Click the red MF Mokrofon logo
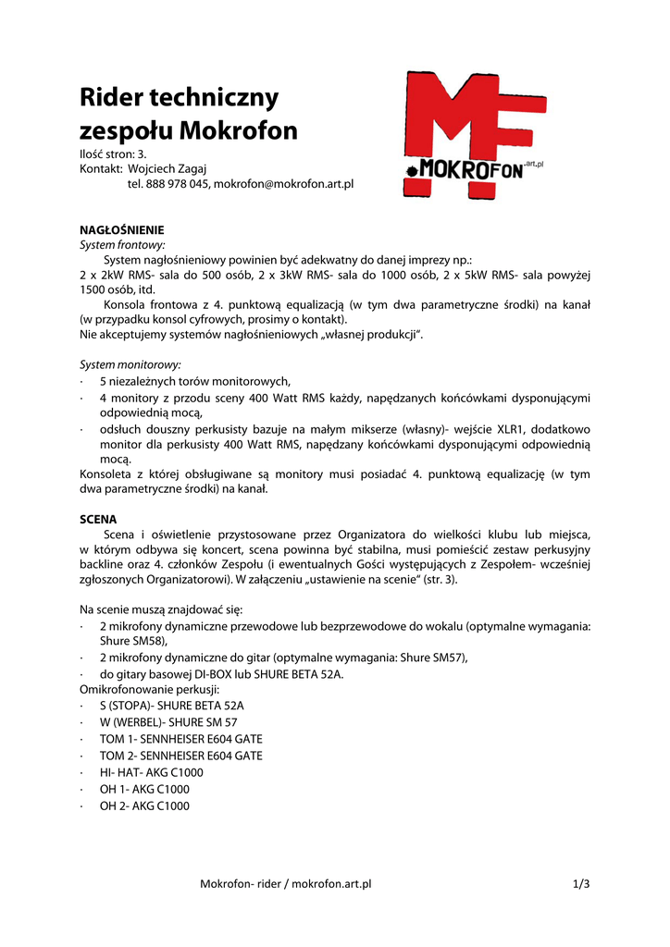click(472, 135)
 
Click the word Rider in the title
click(115, 97)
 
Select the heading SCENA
click(98, 519)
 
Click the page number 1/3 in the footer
click(581, 884)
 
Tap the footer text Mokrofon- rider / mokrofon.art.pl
click(286, 884)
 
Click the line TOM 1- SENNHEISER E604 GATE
click(180, 739)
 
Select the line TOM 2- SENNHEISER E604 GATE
click(180, 756)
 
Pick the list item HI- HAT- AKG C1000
click(151, 772)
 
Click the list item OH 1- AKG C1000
click(144, 789)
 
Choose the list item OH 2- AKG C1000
click(144, 806)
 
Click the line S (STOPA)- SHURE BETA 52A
click(171, 706)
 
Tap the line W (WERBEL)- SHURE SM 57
click(168, 722)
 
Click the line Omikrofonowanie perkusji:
click(149, 689)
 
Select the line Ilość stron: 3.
click(113, 154)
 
